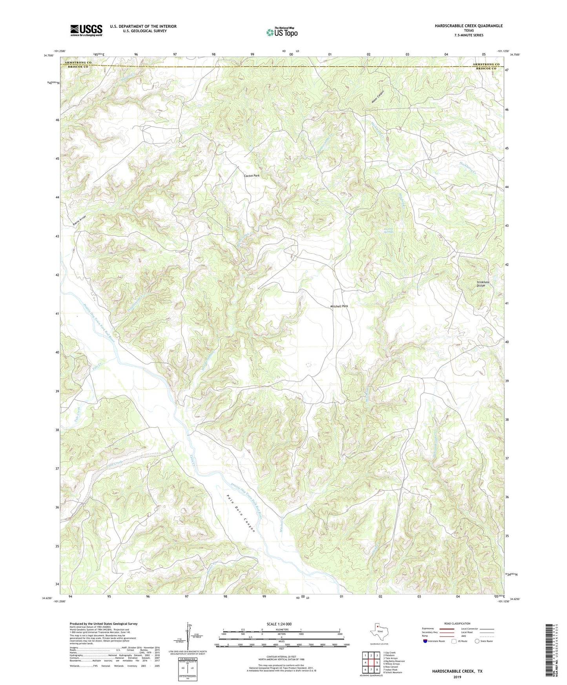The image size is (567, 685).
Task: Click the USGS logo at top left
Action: pyautogui.click(x=86, y=30)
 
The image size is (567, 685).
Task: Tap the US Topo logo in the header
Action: pyautogui.click(x=282, y=32)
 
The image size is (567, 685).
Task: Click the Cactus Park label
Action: pyautogui.click(x=252, y=176)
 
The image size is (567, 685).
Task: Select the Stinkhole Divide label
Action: pyautogui.click(x=481, y=284)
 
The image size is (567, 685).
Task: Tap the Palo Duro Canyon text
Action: pyautogui.click(x=241, y=513)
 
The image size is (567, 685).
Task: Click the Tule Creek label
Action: pyautogui.click(x=77, y=415)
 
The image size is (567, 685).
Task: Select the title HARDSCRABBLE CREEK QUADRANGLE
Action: pyautogui.click(x=469, y=26)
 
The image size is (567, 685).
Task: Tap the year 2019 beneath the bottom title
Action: pyautogui.click(x=457, y=677)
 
